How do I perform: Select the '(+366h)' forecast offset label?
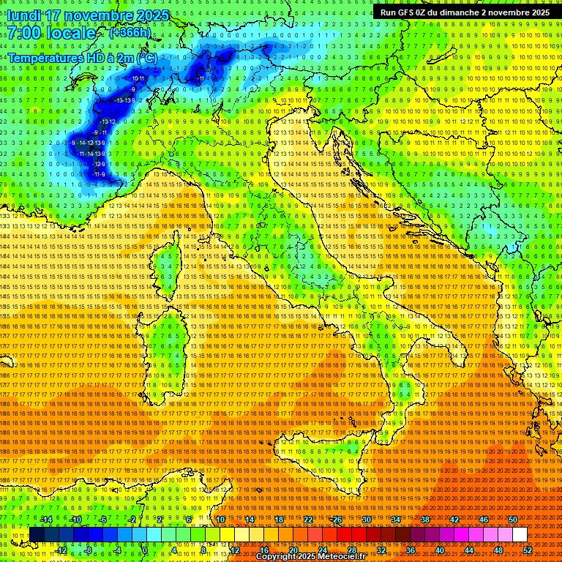pyautogui.click(x=130, y=33)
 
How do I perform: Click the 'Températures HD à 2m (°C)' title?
pyautogui.click(x=82, y=57)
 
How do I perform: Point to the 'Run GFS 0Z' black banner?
pyautogui.click(x=465, y=12)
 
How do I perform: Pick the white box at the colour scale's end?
pyautogui.click(x=520, y=535)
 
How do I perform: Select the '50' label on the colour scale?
pyautogui.click(x=513, y=520)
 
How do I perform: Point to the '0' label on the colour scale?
pyautogui.click(x=145, y=550)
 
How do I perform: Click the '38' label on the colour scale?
pyautogui.click(x=425, y=520)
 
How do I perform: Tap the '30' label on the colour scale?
pyautogui.click(x=367, y=520)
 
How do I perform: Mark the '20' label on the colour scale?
pyautogui.click(x=293, y=550)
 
